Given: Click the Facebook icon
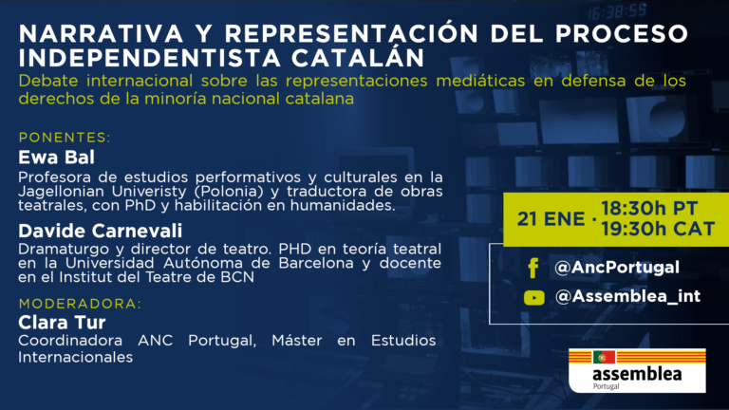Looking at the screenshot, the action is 533,268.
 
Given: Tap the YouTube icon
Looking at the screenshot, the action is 533,297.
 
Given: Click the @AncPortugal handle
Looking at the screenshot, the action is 617,268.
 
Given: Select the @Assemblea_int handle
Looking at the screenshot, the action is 627,296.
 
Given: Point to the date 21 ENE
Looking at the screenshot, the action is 551,219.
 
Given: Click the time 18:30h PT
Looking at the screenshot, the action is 649,209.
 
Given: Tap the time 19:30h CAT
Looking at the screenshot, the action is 658,229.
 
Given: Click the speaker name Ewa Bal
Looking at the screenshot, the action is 56,158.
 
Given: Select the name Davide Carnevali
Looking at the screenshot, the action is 101,231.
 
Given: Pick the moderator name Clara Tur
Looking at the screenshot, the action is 62,322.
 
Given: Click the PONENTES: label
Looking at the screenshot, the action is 65,138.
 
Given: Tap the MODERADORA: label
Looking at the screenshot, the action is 80,304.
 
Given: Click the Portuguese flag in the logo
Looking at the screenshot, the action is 604,357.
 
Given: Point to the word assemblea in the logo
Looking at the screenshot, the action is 637,374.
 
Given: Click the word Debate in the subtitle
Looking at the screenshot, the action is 48,81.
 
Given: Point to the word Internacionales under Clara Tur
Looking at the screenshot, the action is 75,357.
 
